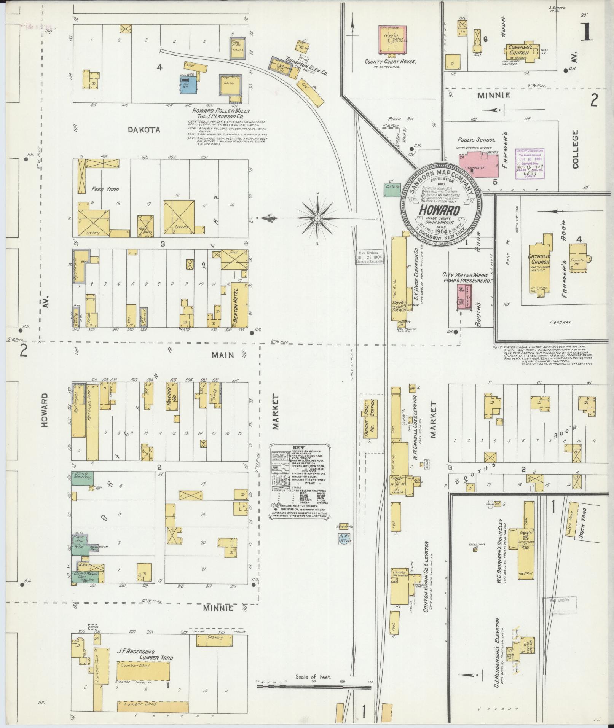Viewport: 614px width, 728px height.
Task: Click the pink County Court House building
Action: (x=392, y=40)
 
